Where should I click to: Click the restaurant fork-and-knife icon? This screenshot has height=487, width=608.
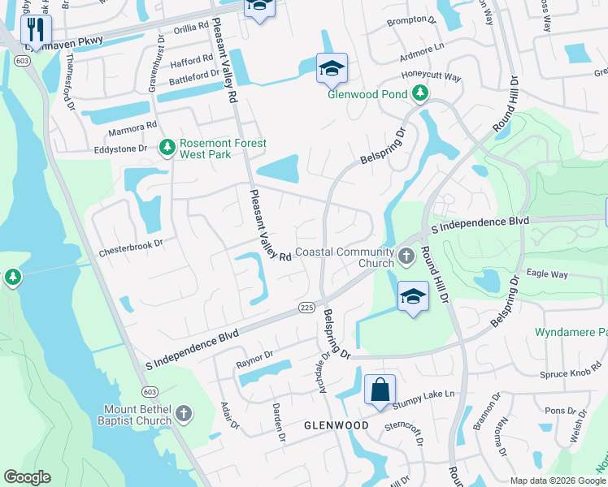coord(36,31)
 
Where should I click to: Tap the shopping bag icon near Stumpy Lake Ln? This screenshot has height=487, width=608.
coord(380,390)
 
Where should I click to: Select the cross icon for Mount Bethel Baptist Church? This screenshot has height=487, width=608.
coord(184,414)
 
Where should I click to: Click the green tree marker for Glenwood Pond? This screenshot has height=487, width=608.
coord(419,94)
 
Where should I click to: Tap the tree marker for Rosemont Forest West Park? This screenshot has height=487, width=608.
coord(167,148)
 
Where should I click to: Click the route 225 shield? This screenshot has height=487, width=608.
coord(306,307)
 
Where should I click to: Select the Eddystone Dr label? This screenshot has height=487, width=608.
coord(119,149)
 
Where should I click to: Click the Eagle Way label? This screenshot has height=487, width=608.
coord(546,274)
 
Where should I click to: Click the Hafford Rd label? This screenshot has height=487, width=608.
coord(190,60)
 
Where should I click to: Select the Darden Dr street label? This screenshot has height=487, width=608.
coord(278,420)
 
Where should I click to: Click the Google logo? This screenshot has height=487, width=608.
coord(27,477)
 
